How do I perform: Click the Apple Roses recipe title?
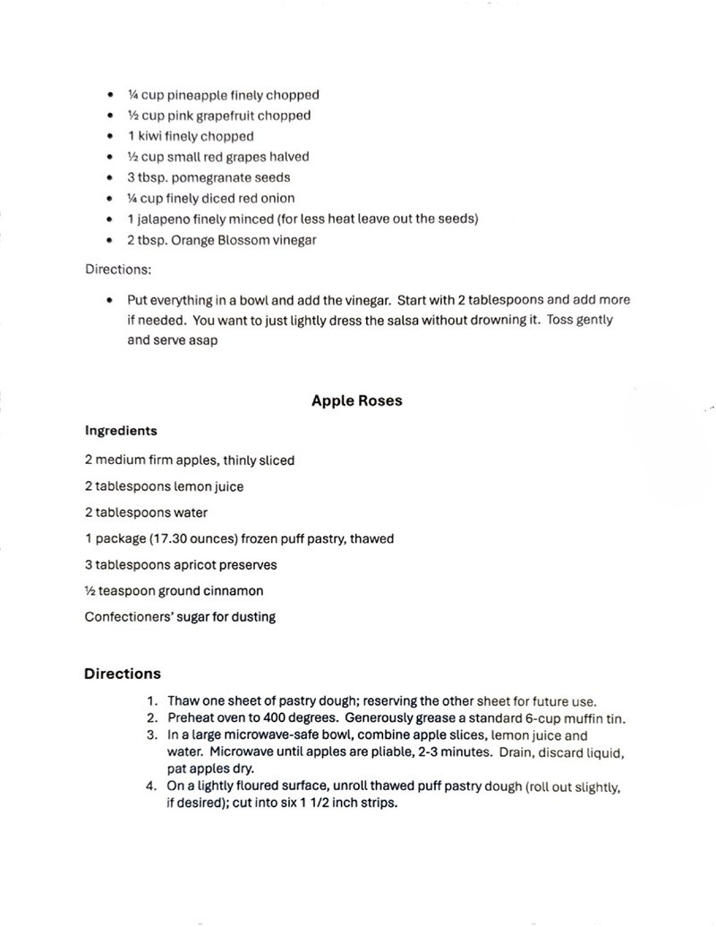[x=356, y=401]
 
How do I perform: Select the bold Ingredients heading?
[x=121, y=431]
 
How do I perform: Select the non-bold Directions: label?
[x=118, y=269]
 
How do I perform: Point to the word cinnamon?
[x=236, y=591]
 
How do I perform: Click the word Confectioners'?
[x=127, y=617]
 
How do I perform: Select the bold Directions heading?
[x=123, y=674]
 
